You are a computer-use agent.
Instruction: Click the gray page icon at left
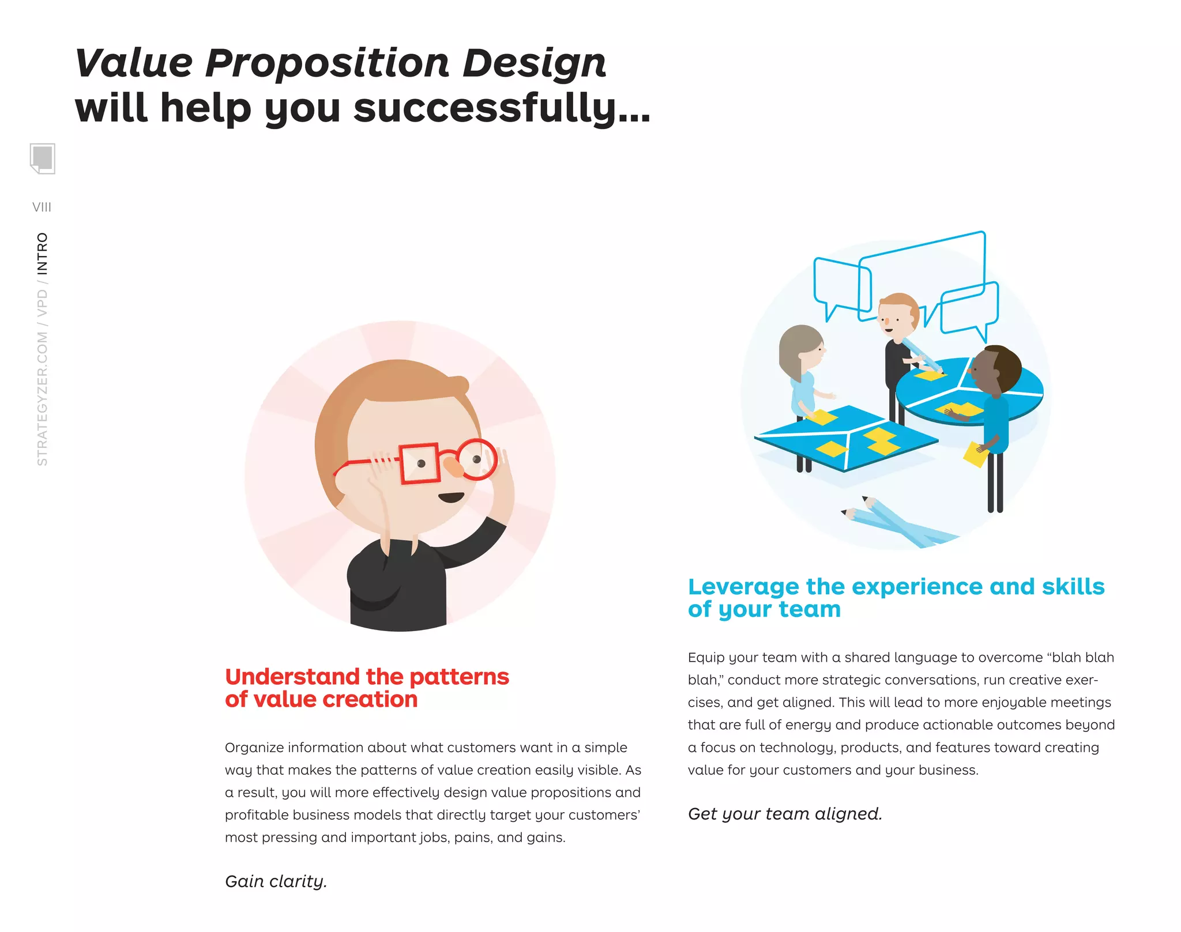point(42,158)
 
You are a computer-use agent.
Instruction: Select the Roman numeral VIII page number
point(42,207)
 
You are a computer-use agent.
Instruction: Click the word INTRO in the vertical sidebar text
point(43,254)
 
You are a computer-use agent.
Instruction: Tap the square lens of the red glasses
point(419,463)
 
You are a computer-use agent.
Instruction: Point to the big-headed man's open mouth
point(451,497)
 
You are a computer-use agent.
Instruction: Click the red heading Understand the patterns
point(367,677)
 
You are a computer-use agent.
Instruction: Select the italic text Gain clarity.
point(276,881)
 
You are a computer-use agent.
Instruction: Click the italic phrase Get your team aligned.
point(785,814)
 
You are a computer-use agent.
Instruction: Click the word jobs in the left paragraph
point(434,837)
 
